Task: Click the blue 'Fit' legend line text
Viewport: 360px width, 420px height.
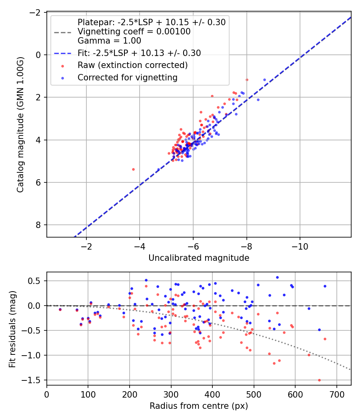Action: [139, 53]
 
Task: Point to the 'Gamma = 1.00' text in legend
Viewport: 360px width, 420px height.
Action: [109, 40]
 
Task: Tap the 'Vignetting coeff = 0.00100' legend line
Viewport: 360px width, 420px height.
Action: [134, 32]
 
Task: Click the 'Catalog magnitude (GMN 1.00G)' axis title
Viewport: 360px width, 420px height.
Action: [20, 125]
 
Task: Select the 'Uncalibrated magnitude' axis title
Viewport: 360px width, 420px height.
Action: [199, 258]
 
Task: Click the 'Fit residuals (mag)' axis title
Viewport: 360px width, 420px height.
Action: [12, 328]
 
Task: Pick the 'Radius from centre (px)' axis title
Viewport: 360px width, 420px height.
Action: [199, 406]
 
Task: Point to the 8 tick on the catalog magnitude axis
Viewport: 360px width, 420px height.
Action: [38, 225]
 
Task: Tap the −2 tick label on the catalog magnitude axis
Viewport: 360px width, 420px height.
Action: [36, 12]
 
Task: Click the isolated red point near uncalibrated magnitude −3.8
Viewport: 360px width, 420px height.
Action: [133, 169]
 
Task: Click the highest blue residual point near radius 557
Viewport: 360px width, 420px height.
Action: [277, 277]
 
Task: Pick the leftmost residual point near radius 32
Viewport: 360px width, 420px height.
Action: [60, 309]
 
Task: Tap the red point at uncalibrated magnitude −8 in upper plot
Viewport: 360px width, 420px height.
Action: [247, 80]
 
